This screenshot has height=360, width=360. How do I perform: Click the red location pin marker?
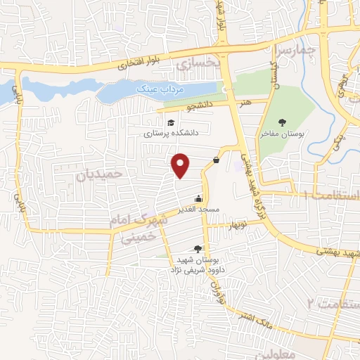point(181,165)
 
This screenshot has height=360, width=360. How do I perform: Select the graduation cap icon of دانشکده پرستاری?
point(172,122)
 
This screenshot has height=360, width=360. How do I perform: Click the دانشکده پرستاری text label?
point(172,132)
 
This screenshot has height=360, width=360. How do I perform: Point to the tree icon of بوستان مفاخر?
point(282,122)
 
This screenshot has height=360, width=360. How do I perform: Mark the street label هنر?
point(245,103)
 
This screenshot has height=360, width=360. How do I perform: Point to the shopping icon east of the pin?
point(215,160)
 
